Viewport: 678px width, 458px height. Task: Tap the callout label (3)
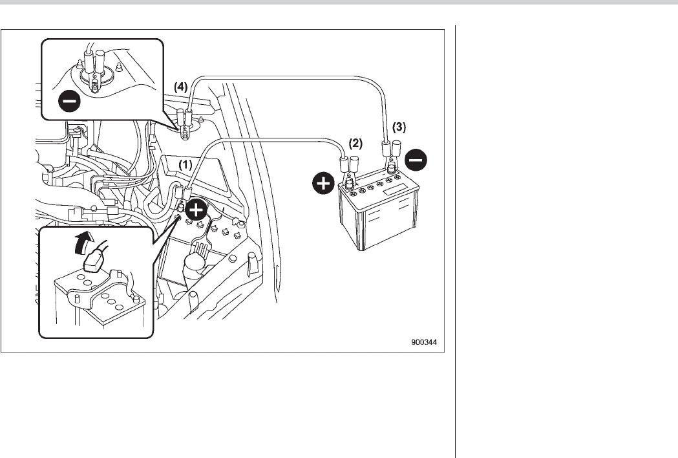(400, 127)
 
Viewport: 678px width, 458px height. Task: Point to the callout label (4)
(180, 85)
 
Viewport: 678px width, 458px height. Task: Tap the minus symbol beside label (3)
(417, 160)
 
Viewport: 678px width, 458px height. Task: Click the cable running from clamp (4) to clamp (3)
(291, 77)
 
